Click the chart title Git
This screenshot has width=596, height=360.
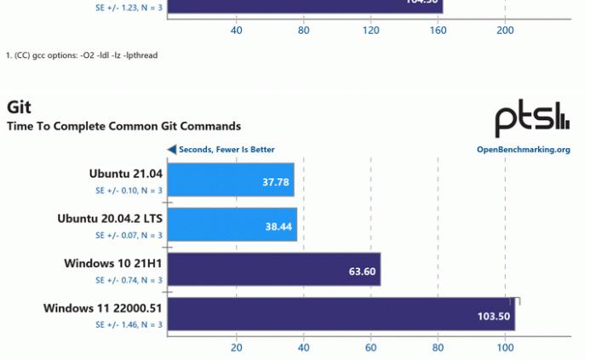[19, 107]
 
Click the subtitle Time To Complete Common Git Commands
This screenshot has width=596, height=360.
[123, 127]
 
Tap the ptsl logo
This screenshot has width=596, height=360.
[532, 120]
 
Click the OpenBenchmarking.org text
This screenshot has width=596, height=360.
[523, 150]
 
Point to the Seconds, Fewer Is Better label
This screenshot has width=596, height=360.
[226, 150]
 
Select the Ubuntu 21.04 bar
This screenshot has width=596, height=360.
[231, 180]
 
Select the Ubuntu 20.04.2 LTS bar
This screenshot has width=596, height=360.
[232, 224]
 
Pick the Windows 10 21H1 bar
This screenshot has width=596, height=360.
[273, 268]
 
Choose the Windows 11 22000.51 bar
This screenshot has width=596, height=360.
[341, 313]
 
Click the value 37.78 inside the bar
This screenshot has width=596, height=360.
[275, 181]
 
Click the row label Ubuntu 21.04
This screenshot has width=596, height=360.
[125, 174]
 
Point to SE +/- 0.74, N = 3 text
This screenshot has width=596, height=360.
[129, 280]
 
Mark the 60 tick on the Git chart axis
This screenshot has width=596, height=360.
[370, 347]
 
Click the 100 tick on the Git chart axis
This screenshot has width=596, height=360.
[504, 347]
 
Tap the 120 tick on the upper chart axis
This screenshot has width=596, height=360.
[370, 31]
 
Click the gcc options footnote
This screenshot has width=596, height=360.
[82, 55]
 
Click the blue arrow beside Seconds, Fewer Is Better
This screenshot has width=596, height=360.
[172, 150]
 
